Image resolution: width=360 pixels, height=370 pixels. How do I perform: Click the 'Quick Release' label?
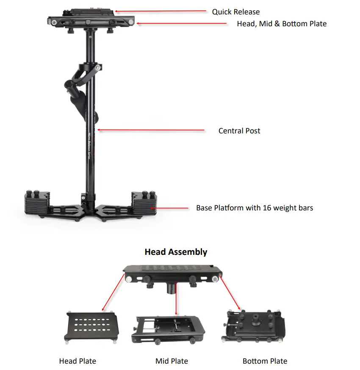[235, 12]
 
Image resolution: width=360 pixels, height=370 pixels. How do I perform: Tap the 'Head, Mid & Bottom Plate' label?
[282, 24]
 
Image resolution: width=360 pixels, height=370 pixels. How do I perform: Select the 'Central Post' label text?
[239, 131]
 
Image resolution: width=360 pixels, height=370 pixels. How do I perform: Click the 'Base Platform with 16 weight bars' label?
[255, 208]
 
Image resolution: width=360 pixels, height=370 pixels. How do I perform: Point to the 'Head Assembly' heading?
[176, 252]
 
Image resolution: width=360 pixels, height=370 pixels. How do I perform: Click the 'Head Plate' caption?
[78, 361]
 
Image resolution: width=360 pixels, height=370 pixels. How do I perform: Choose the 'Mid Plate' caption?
[172, 361]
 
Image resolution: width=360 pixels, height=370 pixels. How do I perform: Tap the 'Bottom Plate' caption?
[265, 361]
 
